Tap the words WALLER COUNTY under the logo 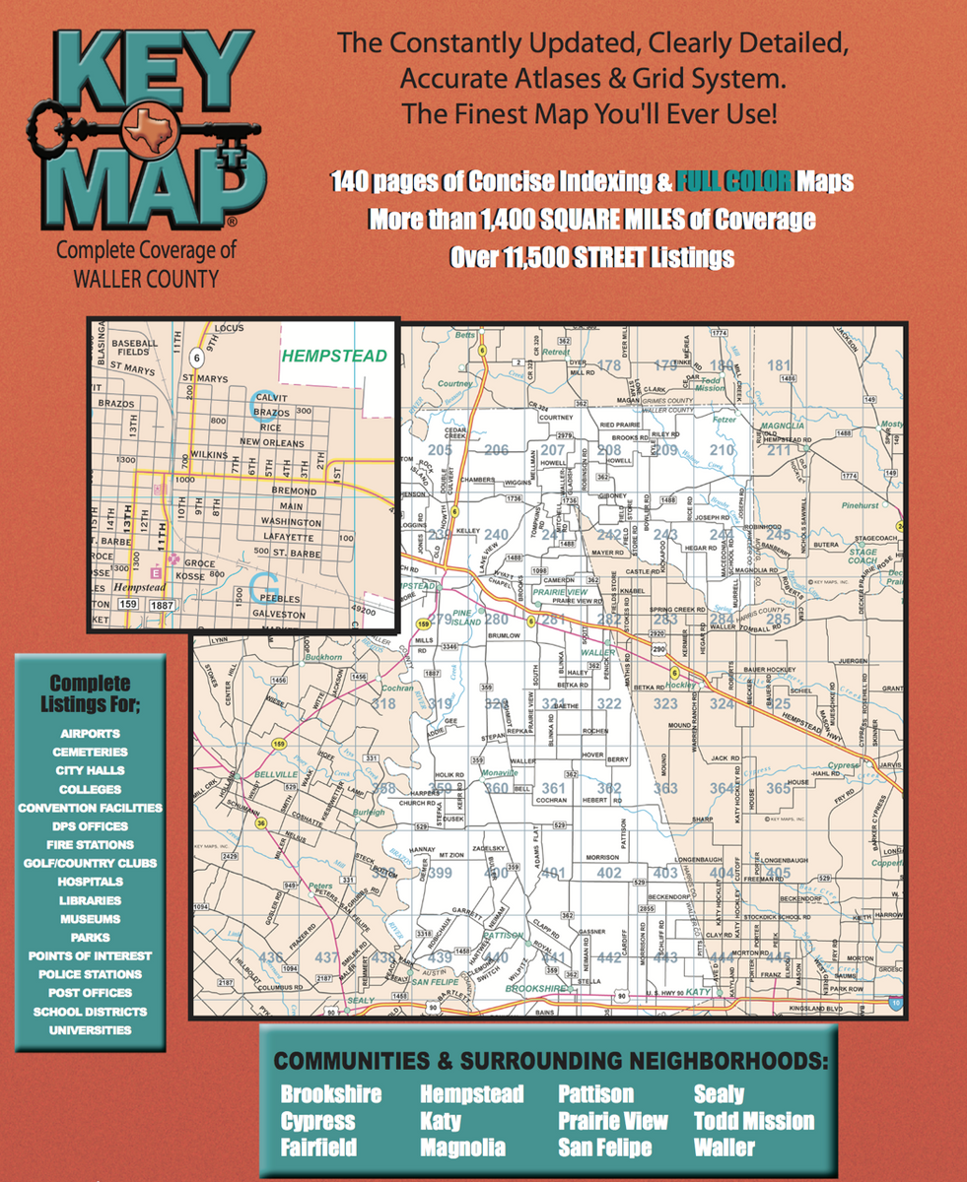(146, 280)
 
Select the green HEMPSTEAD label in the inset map (334, 356)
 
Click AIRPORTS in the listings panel (90, 734)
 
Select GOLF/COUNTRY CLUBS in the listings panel (90, 863)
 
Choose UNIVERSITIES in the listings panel (90, 1029)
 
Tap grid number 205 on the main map (440, 451)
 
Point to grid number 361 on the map (553, 788)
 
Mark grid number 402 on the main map (609, 873)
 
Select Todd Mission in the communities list (754, 1121)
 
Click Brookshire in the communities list (330, 1094)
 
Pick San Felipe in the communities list (604, 1148)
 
